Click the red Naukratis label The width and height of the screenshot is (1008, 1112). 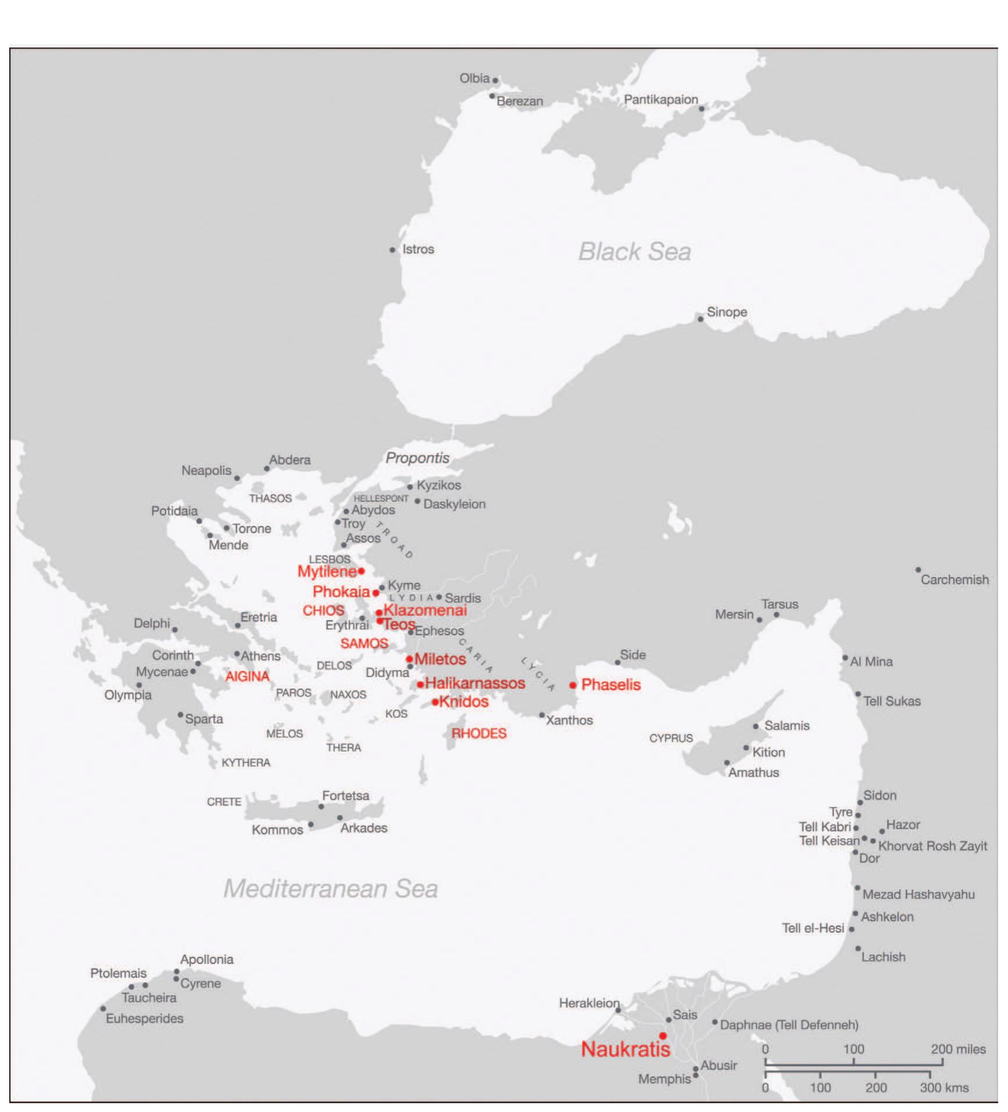click(625, 1049)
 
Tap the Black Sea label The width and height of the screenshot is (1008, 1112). click(634, 252)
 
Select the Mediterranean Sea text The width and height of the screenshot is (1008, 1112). click(331, 889)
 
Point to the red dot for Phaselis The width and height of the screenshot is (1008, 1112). click(573, 685)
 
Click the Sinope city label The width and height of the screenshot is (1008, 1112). click(727, 312)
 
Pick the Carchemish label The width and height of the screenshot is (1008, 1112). click(954, 580)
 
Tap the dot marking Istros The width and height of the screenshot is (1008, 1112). click(393, 250)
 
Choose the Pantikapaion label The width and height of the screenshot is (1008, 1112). click(661, 99)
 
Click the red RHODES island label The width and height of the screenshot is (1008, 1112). click(479, 733)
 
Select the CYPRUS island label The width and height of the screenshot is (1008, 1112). click(670, 738)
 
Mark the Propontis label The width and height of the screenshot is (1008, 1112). click(417, 458)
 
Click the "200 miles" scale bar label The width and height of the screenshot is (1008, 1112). click(958, 1049)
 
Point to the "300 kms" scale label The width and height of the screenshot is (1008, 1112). click(944, 1088)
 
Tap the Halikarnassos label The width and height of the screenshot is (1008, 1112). click(475, 683)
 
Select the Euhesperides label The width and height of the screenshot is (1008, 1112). click(144, 1018)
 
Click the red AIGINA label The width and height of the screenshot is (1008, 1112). click(247, 676)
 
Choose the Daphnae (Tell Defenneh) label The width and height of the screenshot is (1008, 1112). click(788, 1025)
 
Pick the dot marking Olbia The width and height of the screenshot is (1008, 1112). click(495, 81)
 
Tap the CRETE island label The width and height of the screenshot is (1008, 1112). click(224, 802)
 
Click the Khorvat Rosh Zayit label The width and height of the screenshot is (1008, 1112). click(932, 846)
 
